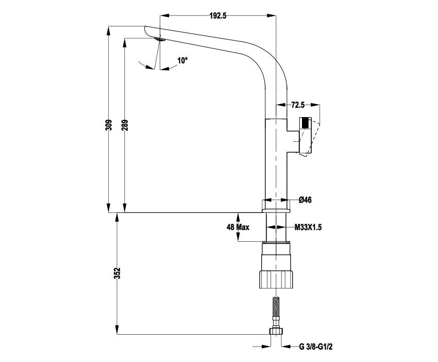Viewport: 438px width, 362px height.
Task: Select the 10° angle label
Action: coord(182,61)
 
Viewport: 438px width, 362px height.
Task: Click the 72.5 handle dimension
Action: coord(298,105)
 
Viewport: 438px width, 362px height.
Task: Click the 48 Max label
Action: coord(238,227)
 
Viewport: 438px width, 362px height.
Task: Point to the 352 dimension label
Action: coord(117,273)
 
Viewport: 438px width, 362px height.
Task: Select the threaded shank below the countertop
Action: coord(277,227)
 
